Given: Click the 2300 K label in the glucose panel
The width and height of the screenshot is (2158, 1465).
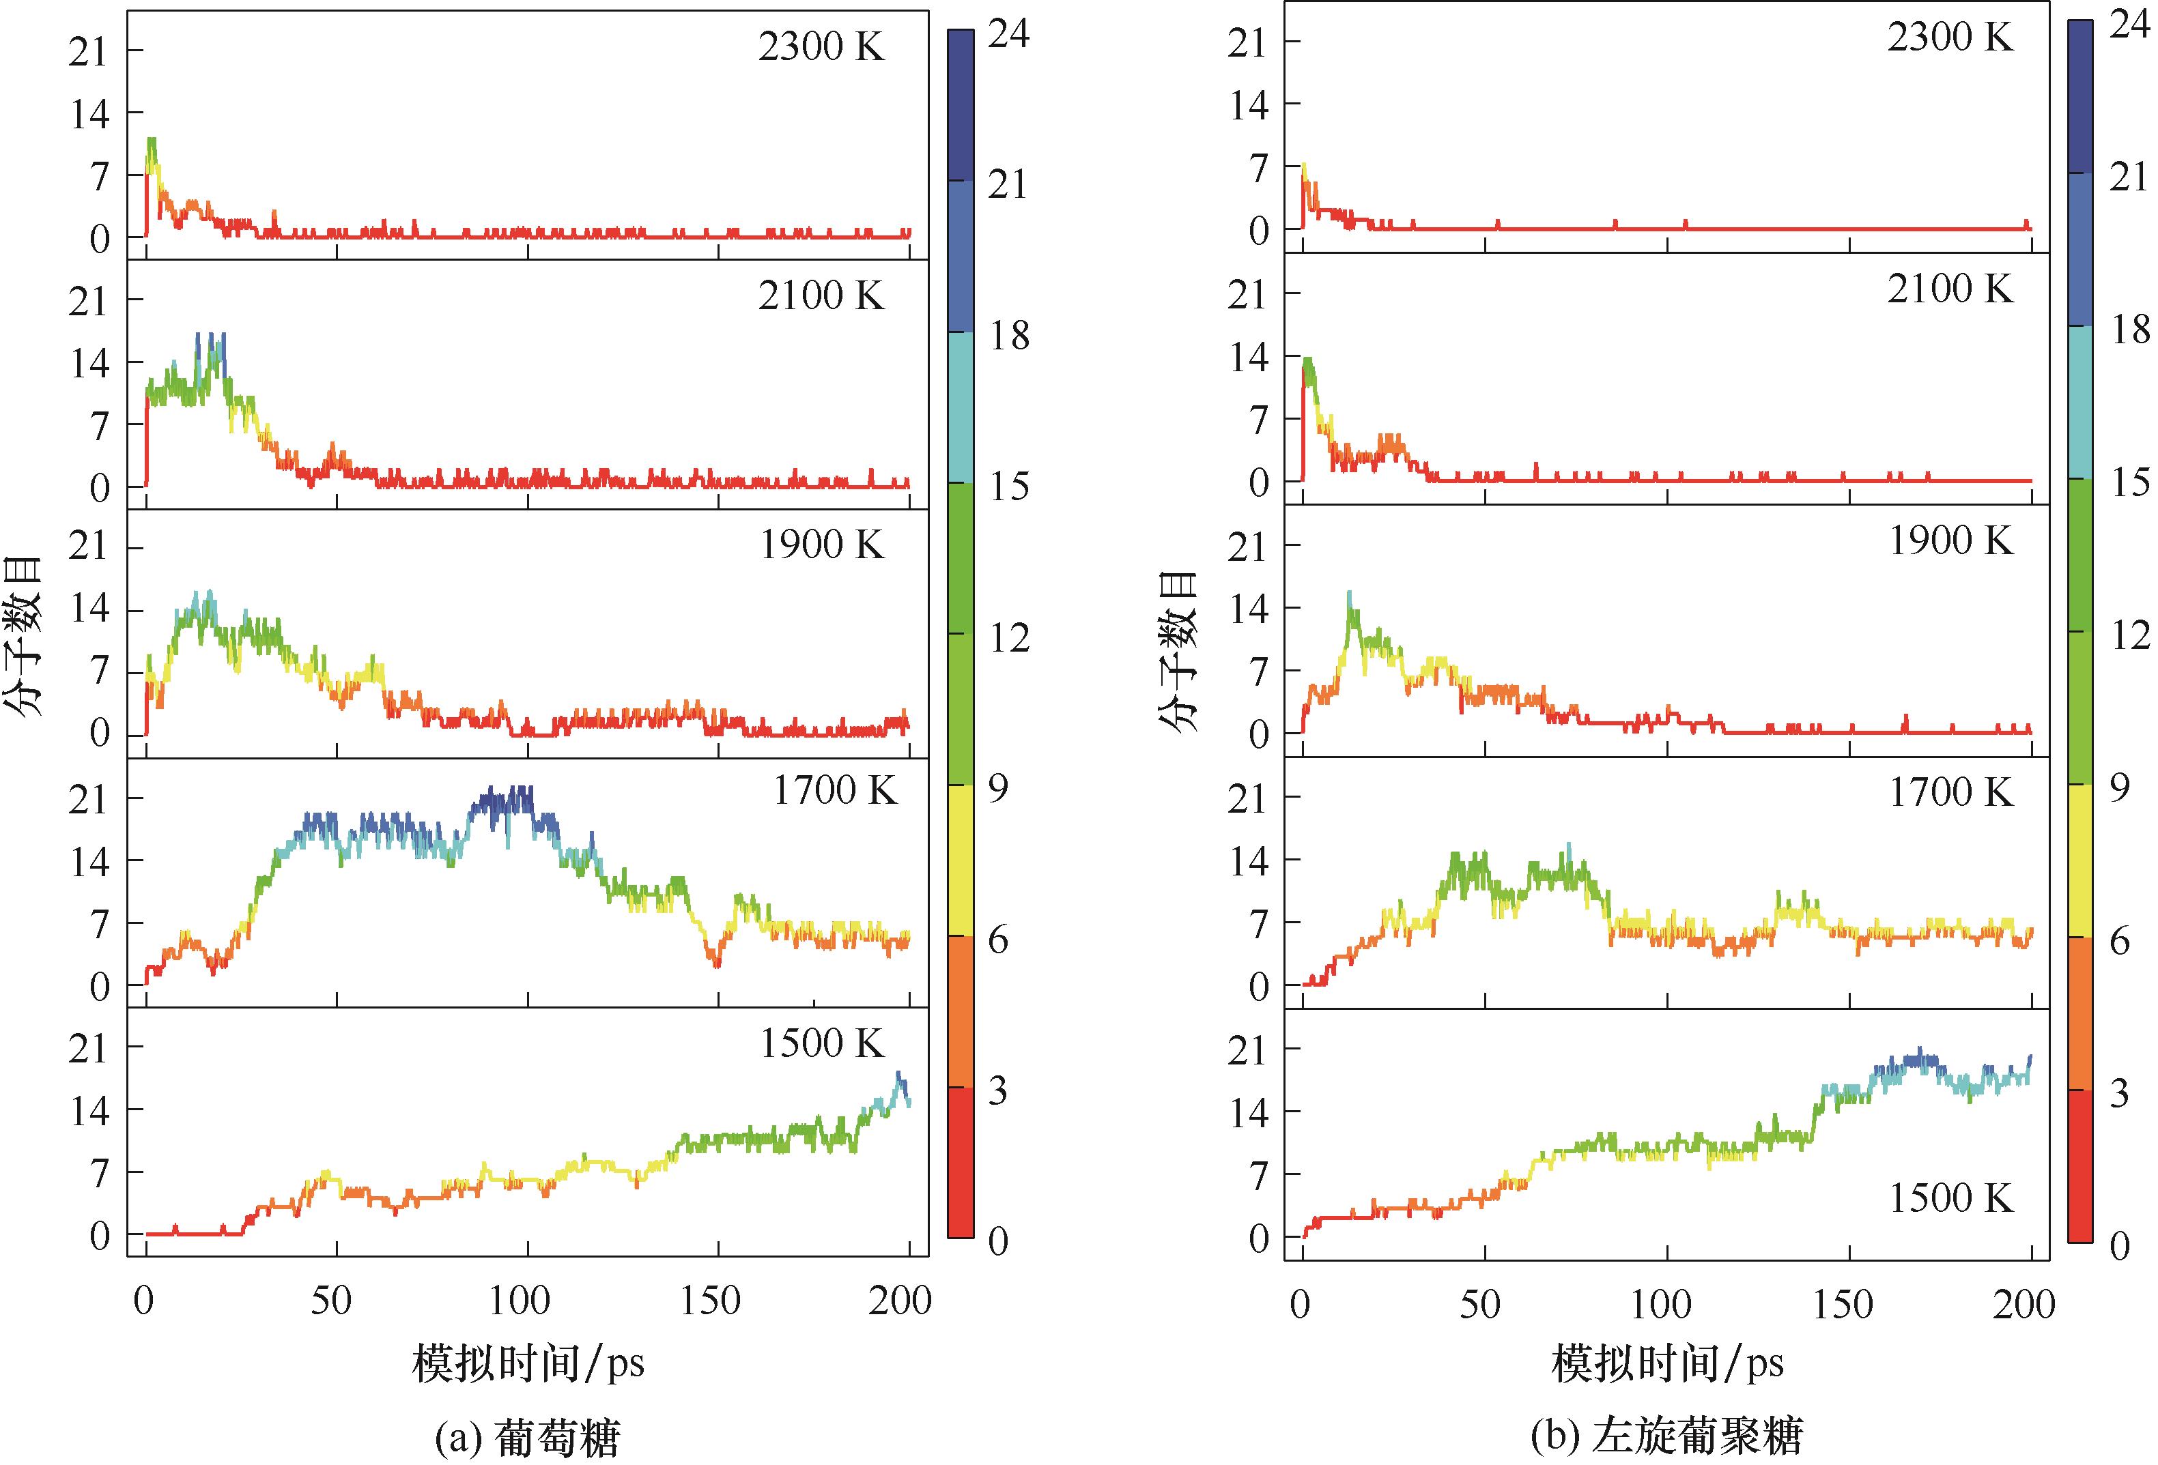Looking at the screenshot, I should click(821, 46).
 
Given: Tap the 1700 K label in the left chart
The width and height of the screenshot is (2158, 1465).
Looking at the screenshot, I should click(834, 791).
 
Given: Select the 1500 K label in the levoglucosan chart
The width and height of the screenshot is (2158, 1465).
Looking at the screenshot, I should click(1951, 1199).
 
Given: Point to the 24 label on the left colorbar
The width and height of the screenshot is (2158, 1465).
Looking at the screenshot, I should click(1008, 34).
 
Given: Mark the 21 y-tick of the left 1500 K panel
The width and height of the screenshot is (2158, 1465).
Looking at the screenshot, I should click(89, 1049).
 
